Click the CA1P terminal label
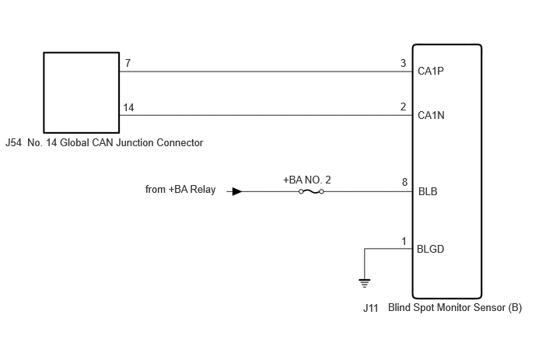pos(431,71)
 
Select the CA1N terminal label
pos(431,115)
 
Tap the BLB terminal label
pos(428,191)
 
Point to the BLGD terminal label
pos(430,249)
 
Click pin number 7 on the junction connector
pos(128,63)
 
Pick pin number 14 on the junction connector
pos(128,107)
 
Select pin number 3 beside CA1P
pos(403,63)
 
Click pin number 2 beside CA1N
pos(403,107)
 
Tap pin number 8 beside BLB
pos(404,182)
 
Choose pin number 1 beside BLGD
pos(404,242)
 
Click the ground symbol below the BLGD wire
pos(365,283)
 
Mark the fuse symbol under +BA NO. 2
pos(311,192)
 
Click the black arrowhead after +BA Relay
pos(237,191)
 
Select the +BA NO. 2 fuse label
pos(306,180)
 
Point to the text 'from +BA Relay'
pos(180,189)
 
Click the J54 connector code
pos(14,142)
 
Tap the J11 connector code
pos(371,308)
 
